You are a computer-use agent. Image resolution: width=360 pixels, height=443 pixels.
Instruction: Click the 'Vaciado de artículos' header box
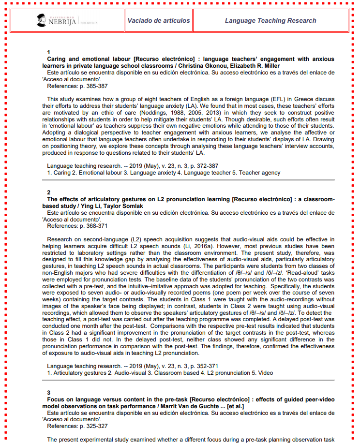click(x=158, y=20)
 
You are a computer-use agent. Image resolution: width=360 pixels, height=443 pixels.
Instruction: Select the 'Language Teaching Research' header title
click(x=270, y=20)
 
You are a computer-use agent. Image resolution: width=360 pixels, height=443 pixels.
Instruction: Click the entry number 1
click(x=48, y=52)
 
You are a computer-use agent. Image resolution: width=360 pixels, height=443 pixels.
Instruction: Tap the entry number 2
click(x=48, y=192)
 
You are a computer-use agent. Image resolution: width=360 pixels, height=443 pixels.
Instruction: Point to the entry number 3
click(x=48, y=392)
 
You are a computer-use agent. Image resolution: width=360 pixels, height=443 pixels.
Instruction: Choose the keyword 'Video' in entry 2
click(x=265, y=373)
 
